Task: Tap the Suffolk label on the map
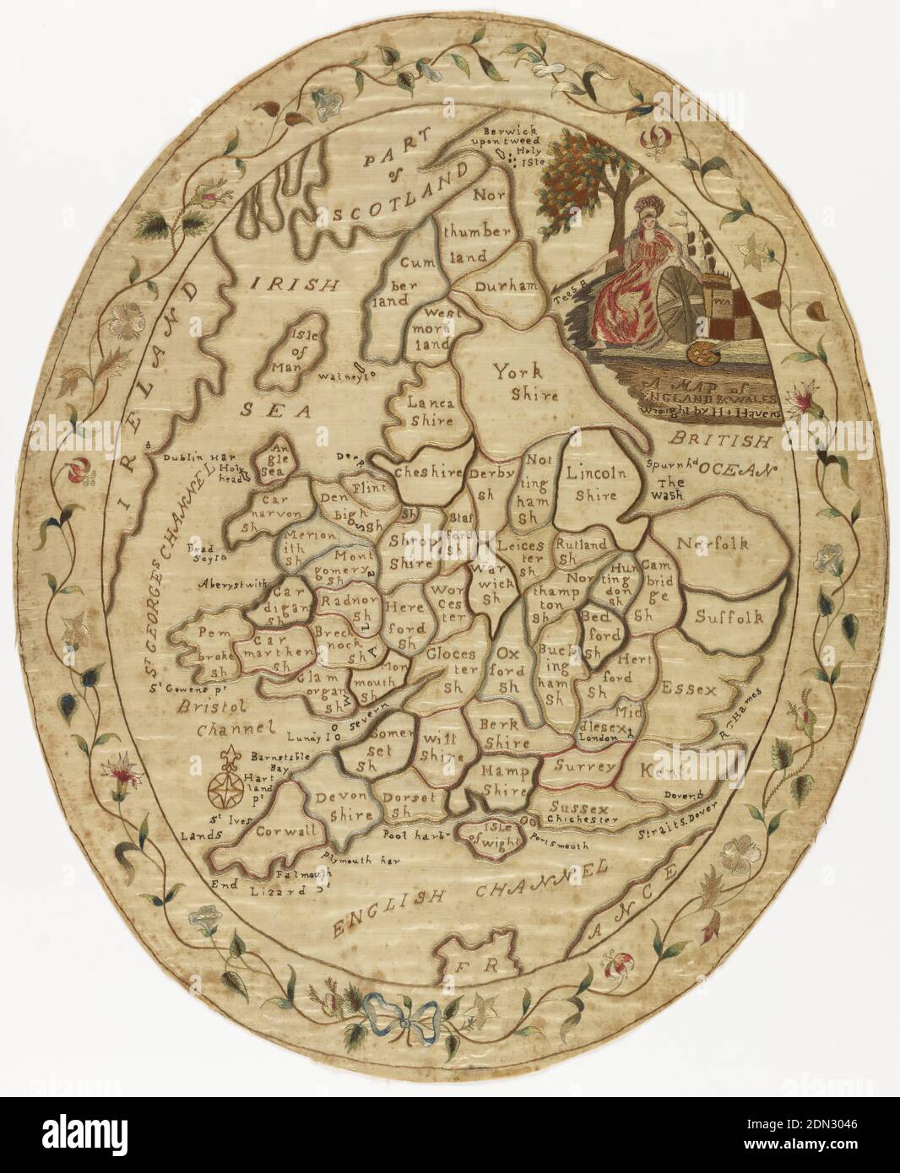[729, 618]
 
